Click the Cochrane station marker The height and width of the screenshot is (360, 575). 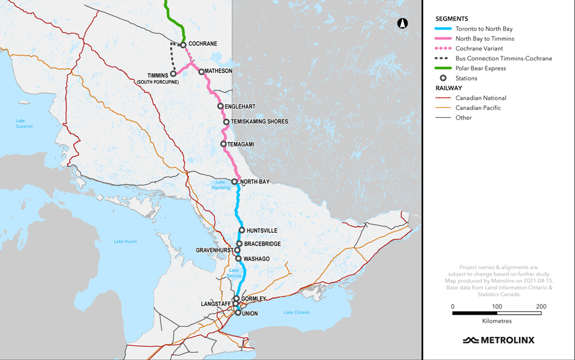(183, 45)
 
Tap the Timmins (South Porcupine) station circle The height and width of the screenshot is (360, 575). (173, 74)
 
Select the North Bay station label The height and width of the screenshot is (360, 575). (254, 182)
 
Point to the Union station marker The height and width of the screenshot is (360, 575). (238, 313)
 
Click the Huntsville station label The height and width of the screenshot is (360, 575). (262, 230)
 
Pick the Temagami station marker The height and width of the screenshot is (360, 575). (224, 144)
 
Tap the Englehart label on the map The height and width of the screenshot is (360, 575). (241, 106)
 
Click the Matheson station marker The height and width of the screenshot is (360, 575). (201, 72)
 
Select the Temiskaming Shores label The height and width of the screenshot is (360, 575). (259, 121)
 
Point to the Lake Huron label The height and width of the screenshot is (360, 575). (125, 241)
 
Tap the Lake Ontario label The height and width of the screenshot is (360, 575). (296, 312)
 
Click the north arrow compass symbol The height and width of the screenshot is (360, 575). (402, 24)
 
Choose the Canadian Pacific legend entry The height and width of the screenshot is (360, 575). (478, 108)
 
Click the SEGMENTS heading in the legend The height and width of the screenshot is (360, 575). (452, 19)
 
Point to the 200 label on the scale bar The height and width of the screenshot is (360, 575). (541, 307)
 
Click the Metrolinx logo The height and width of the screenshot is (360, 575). (498, 340)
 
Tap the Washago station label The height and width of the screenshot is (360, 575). (257, 259)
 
